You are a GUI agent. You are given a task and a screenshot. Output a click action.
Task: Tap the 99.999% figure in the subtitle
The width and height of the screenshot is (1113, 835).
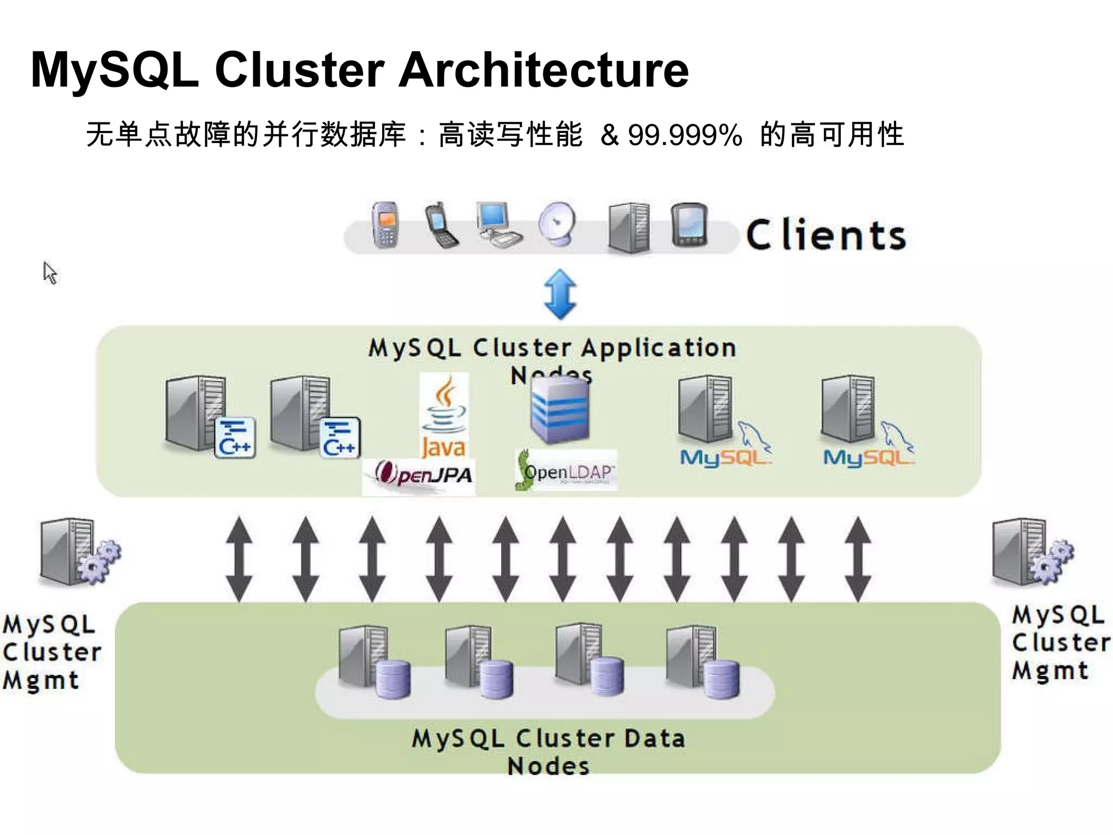[x=685, y=135]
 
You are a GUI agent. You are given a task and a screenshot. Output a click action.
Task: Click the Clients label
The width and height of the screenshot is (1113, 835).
[x=826, y=235]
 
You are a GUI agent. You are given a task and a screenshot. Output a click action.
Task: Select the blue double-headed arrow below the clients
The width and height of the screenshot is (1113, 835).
[x=560, y=294]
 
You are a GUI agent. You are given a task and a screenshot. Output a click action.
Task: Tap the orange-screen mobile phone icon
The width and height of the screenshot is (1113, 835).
[x=385, y=225]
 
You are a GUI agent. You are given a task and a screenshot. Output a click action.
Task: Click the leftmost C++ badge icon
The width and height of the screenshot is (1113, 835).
[x=235, y=438]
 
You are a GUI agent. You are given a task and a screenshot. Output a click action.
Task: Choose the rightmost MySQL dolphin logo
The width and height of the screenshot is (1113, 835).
[x=868, y=448]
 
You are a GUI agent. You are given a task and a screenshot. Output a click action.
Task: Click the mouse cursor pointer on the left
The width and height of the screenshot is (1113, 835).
[x=50, y=272]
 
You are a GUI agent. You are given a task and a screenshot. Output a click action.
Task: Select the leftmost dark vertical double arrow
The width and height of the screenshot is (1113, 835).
[x=239, y=560]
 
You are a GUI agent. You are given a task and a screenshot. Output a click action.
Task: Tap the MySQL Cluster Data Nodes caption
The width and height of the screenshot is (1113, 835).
[x=549, y=751]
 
